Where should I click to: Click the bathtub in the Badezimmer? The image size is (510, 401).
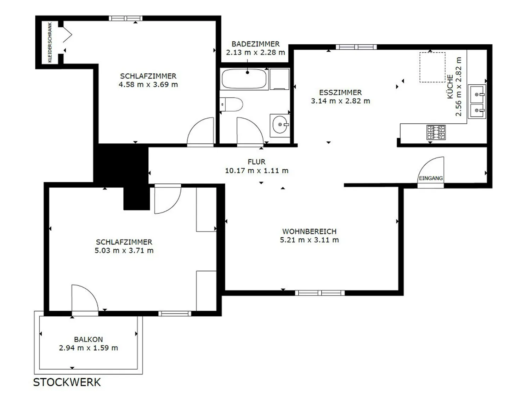click(244, 79)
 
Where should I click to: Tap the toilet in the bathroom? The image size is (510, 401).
click(231, 104)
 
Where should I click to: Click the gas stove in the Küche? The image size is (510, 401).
click(436, 132)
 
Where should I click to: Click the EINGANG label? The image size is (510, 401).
click(431, 178)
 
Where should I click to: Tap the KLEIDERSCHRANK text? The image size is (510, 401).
click(50, 43)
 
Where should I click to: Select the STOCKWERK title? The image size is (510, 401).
click(67, 382)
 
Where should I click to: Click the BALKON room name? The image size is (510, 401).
click(89, 339)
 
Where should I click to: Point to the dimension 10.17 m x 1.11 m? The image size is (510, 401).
click(257, 171)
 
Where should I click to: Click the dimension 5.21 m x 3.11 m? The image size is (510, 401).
click(309, 240)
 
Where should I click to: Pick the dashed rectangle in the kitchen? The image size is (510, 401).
click(432, 67)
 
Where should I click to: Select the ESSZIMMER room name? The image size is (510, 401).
click(340, 92)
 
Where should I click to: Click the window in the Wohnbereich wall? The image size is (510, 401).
click(320, 293)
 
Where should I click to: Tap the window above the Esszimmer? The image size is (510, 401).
click(356, 47)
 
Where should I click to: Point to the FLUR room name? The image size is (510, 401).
click(256, 162)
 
